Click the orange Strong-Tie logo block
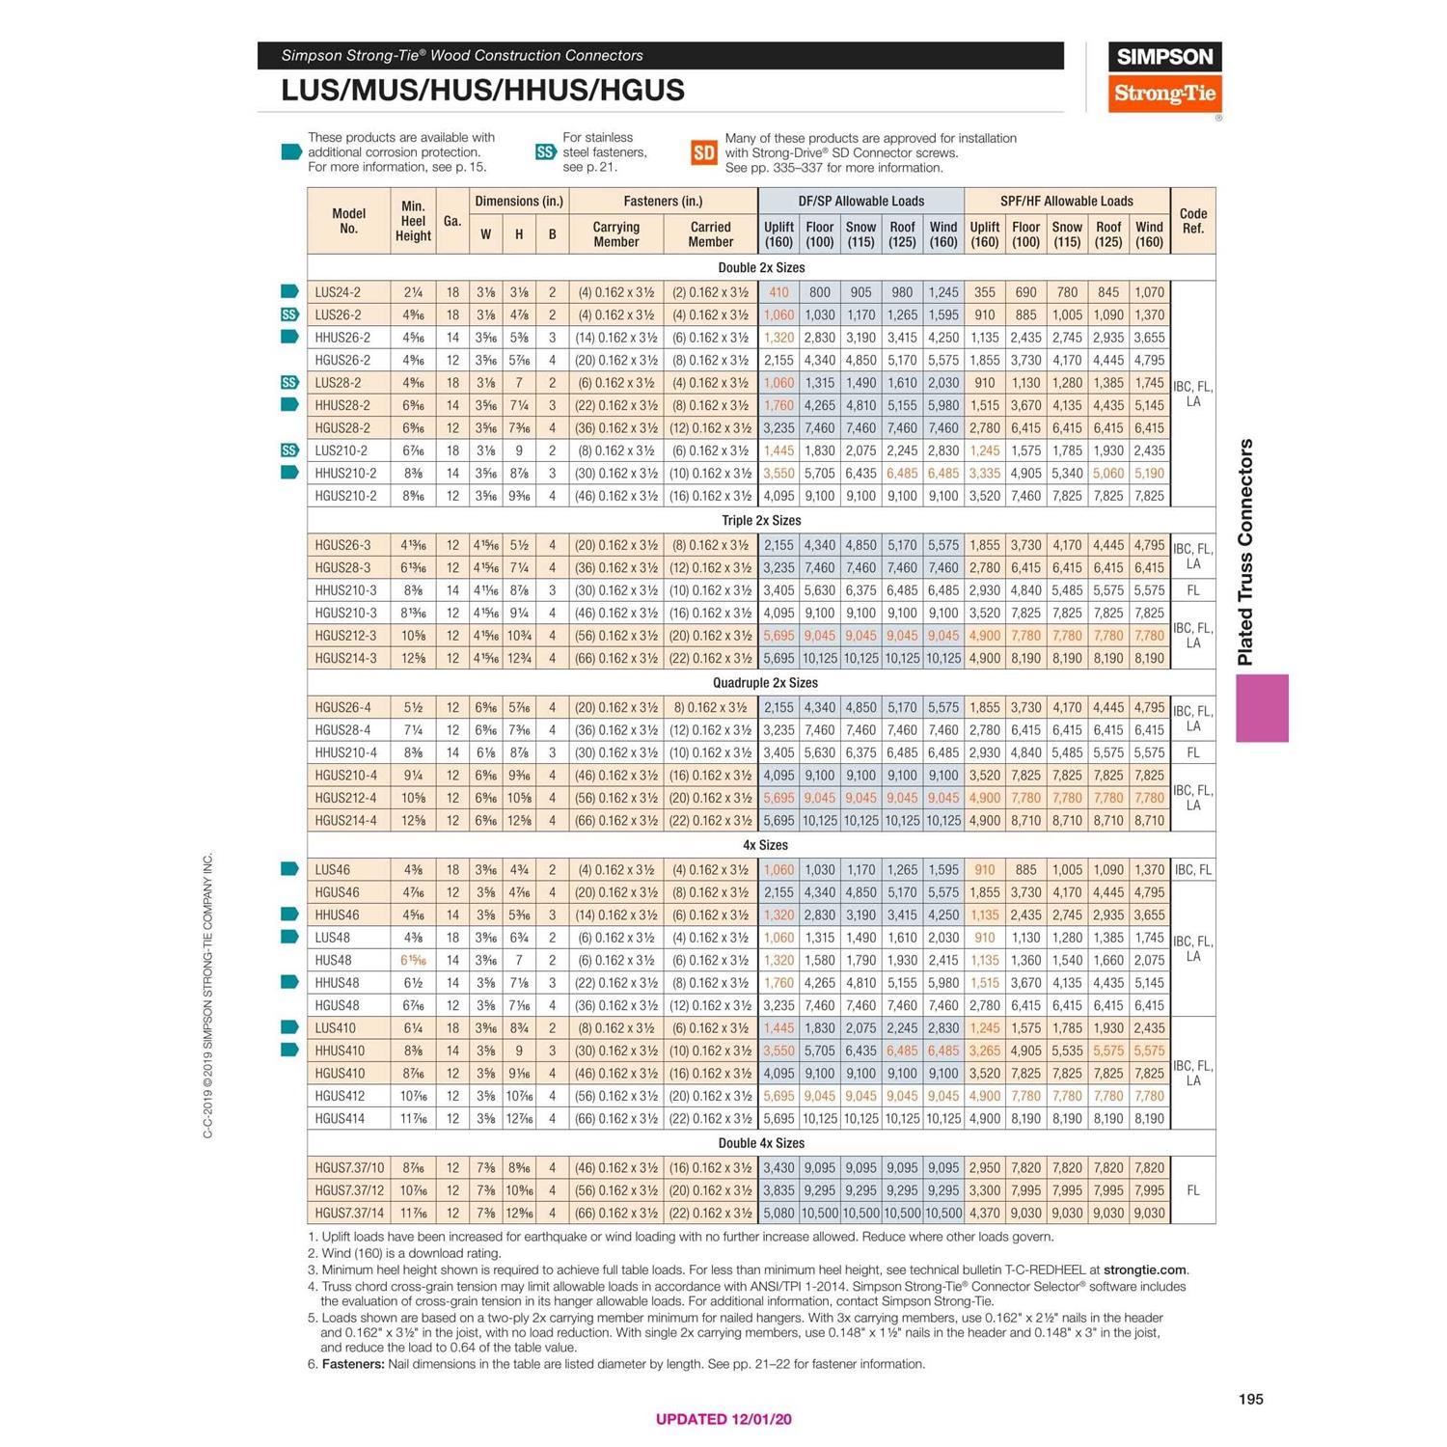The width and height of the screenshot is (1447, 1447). click(1164, 94)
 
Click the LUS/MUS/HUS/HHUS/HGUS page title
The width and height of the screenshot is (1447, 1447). click(482, 91)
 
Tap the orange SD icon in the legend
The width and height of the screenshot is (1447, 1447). click(703, 152)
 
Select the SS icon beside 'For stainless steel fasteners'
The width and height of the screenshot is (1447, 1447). click(545, 152)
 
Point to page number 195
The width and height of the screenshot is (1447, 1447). click(1250, 1399)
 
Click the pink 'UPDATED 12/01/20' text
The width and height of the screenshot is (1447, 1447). click(723, 1419)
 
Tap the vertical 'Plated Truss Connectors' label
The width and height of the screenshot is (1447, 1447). click(1245, 552)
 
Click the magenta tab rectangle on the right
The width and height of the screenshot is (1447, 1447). click(1262, 708)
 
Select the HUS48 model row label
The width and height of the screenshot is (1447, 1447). click(333, 961)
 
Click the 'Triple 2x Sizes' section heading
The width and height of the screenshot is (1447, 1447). click(761, 521)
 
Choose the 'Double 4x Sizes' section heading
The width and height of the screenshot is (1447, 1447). click(761, 1143)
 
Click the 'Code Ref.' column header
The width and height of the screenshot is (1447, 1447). click(1192, 221)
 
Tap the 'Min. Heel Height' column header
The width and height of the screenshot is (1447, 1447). click(413, 221)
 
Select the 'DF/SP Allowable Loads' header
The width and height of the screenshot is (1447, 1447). click(860, 202)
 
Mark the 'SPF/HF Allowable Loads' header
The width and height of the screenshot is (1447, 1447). click(1066, 202)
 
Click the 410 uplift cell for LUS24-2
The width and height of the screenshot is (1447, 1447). click(778, 292)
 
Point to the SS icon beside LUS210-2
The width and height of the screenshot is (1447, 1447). click(289, 450)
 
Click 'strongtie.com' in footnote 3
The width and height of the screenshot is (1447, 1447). click(1144, 1270)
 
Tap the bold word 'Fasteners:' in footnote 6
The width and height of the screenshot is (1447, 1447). click(353, 1364)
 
